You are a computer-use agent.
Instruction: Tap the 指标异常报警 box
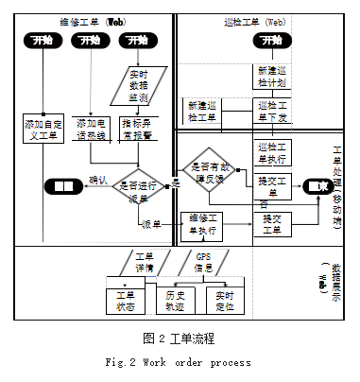(x=143, y=126)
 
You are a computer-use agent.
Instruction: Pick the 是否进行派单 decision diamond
(x=139, y=186)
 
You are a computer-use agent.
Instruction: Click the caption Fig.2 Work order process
(x=180, y=362)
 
